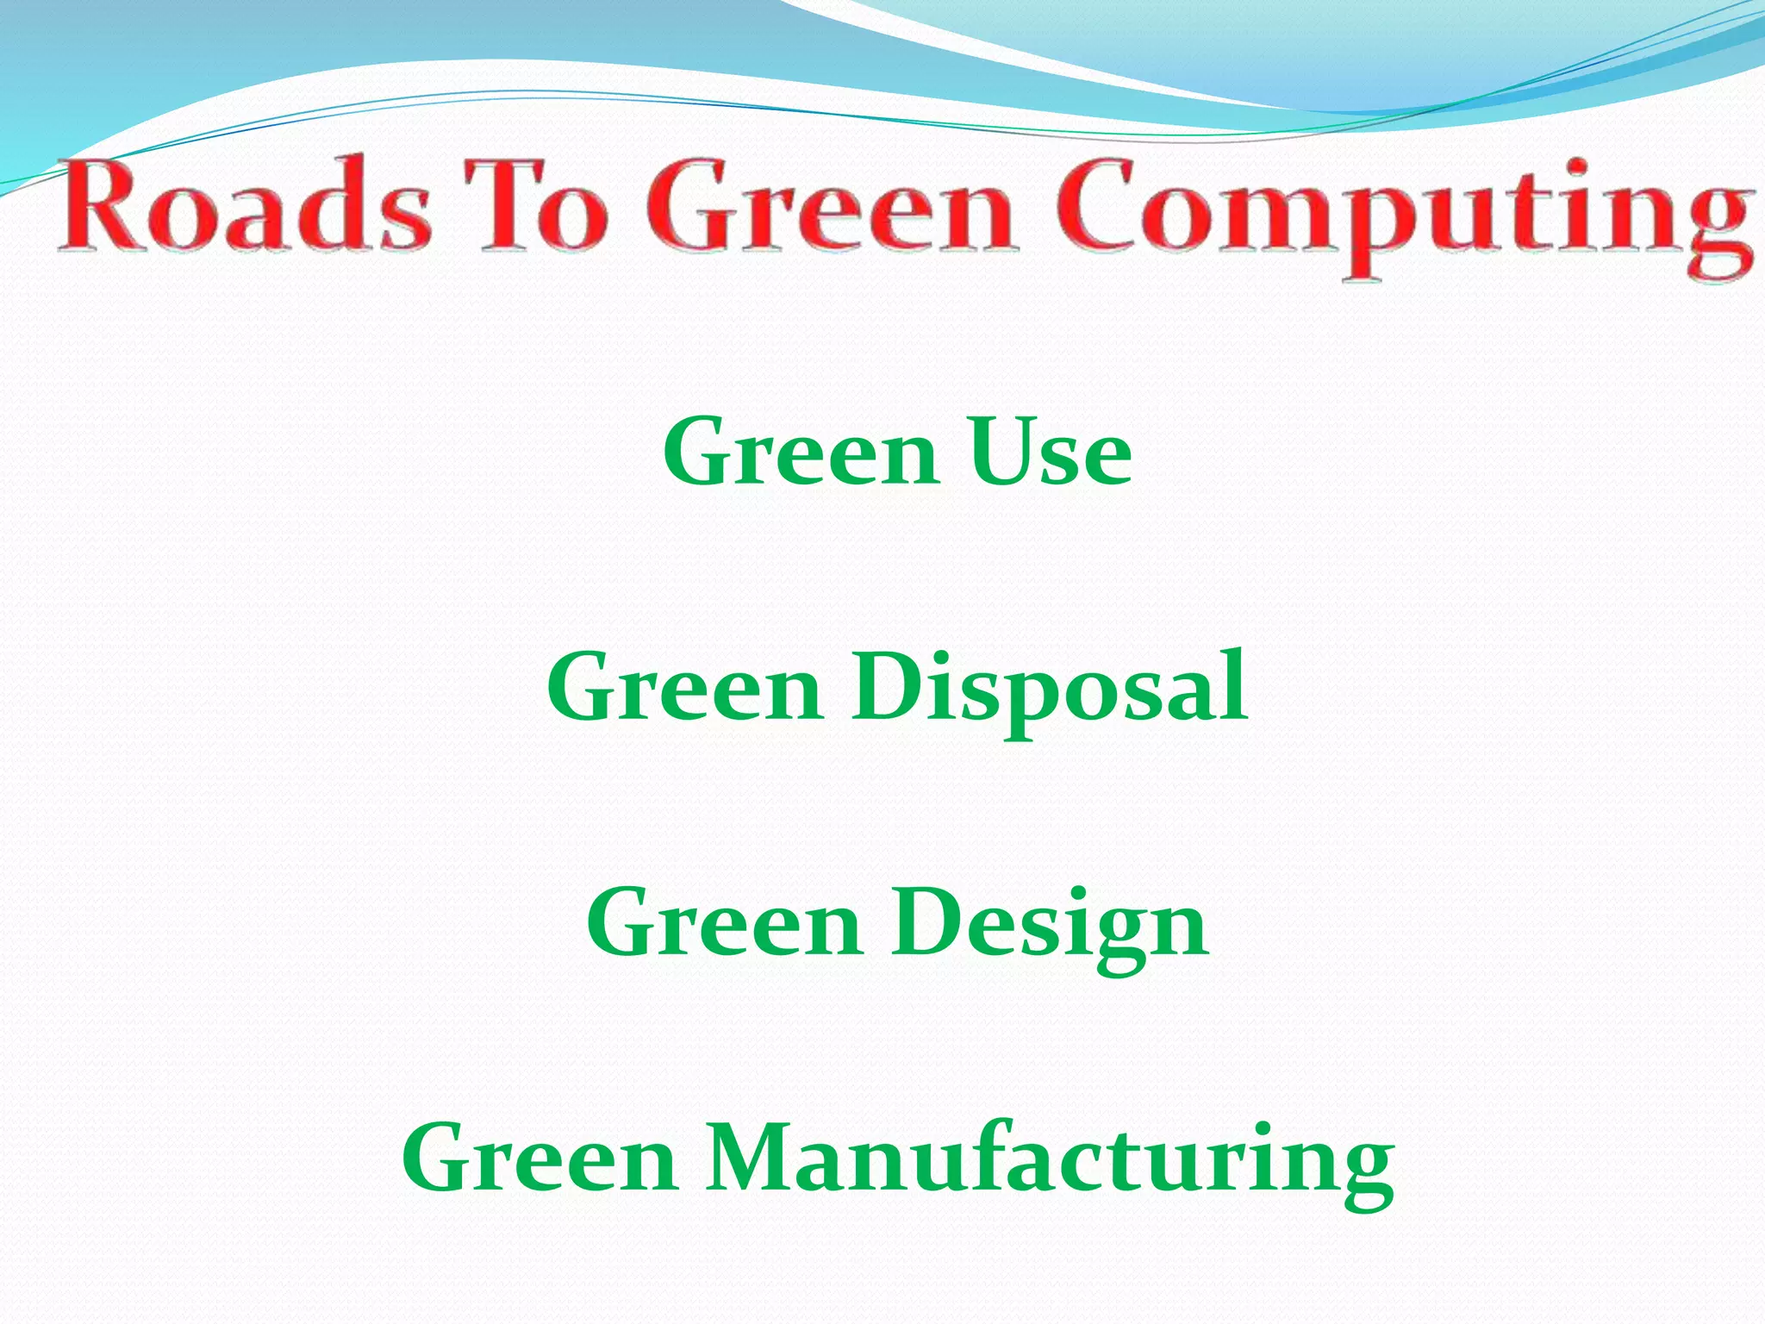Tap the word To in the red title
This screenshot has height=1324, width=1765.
coord(543,207)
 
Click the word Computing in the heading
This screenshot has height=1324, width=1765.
coord(1405,211)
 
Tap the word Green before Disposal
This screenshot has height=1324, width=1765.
coord(685,690)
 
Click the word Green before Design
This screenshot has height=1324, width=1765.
coord(724,924)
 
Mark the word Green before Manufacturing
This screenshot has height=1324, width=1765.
coord(539,1159)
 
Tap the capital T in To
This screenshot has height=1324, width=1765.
coord(508,205)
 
